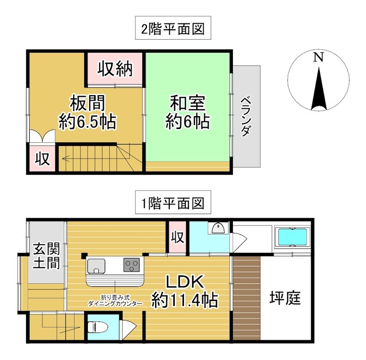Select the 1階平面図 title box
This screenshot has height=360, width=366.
[173, 202]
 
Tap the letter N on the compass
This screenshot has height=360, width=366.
[318, 58]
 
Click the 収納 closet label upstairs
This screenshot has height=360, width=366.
[116, 69]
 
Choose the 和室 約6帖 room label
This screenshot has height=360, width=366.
[188, 112]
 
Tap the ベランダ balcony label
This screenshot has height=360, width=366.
[246, 116]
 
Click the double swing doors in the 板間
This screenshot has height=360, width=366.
[42, 136]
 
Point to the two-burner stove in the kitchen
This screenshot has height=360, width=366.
[132, 264]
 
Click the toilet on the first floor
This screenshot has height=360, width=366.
[97, 327]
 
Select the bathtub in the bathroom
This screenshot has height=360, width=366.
[291, 237]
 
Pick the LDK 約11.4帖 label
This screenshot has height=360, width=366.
[184, 291]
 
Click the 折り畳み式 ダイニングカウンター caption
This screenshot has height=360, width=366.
[115, 301]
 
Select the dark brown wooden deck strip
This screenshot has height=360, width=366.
[246, 298]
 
